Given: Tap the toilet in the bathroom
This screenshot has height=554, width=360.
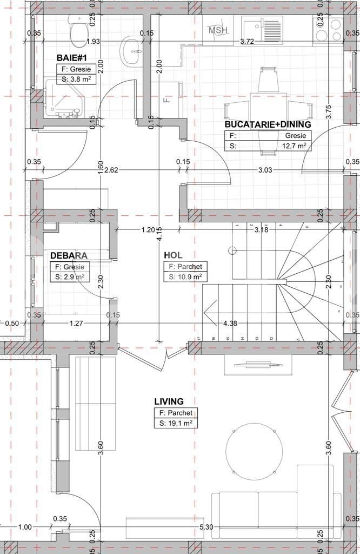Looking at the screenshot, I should pyautogui.click(x=78, y=30).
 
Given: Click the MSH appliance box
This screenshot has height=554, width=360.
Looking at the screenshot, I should pyautogui.click(x=218, y=30).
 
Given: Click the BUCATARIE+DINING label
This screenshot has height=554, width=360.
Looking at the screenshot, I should pyautogui.click(x=268, y=124).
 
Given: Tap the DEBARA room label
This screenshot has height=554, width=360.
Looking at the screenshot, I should pyautogui.click(x=69, y=255).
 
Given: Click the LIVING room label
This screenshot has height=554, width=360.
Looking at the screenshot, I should pyautogui.click(x=169, y=401).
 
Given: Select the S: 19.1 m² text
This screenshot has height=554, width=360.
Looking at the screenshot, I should pyautogui.click(x=175, y=424).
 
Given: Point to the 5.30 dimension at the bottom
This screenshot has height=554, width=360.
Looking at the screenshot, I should pyautogui.click(x=206, y=527).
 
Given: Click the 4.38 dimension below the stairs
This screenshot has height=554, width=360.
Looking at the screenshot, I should pyautogui.click(x=230, y=324).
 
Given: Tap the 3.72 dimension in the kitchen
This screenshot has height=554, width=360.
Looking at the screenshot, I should pyautogui.click(x=247, y=41).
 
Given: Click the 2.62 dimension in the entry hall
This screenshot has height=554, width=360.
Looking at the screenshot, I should pyautogui.click(x=111, y=170).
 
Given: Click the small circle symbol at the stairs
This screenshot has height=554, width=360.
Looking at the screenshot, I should pyautogui.click(x=233, y=250).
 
